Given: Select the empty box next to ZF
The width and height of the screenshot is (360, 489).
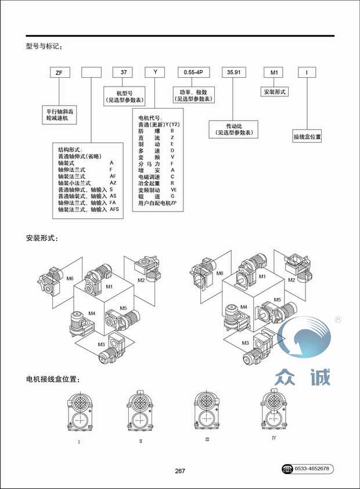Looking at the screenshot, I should pos(92,73).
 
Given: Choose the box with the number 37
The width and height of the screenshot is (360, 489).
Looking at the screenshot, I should pos(123,73).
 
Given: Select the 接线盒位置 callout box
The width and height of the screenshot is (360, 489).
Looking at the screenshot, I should pos(307,138).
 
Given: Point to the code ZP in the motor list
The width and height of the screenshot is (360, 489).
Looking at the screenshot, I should pos(172,203).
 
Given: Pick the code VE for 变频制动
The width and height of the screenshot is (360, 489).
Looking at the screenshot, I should pos(173,189).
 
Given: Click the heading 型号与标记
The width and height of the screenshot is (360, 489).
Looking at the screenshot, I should pos(44,46).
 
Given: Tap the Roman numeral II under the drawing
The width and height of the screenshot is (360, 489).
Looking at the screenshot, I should pos(141,441).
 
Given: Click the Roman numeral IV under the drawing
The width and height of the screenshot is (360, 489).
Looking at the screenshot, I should pos(273,437).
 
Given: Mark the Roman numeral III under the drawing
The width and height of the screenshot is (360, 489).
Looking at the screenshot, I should pos(207,440).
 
